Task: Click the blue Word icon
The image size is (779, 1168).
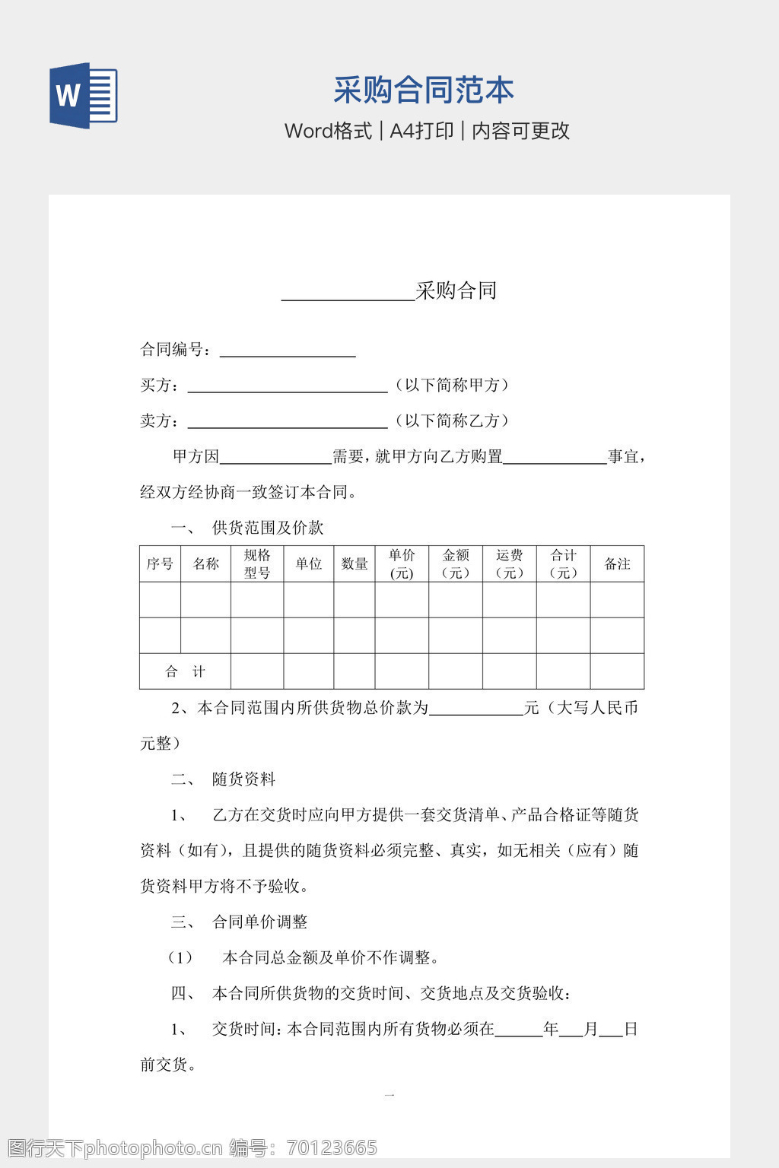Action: (x=83, y=96)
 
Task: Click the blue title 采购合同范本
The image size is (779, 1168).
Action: (x=423, y=90)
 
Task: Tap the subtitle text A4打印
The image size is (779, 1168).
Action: (x=421, y=131)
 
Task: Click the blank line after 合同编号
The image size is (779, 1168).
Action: (x=288, y=351)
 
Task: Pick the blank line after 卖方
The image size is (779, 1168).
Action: (x=288, y=422)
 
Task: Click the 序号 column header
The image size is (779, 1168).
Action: (x=160, y=563)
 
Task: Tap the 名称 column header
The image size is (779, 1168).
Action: (x=205, y=563)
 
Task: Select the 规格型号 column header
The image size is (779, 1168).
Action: (x=257, y=563)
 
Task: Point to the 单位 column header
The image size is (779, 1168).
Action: (x=309, y=563)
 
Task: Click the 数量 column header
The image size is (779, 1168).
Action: (x=355, y=563)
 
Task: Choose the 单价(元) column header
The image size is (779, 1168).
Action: (x=402, y=563)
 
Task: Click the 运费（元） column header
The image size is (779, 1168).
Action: (x=510, y=563)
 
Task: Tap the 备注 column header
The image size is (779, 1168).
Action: (x=617, y=563)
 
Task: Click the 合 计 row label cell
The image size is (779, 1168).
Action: (x=185, y=671)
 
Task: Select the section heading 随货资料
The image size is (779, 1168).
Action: (x=243, y=779)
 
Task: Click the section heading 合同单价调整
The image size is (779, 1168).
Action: (x=259, y=922)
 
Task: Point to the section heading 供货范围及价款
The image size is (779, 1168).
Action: (x=268, y=528)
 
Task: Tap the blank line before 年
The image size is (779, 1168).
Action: (x=519, y=1030)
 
